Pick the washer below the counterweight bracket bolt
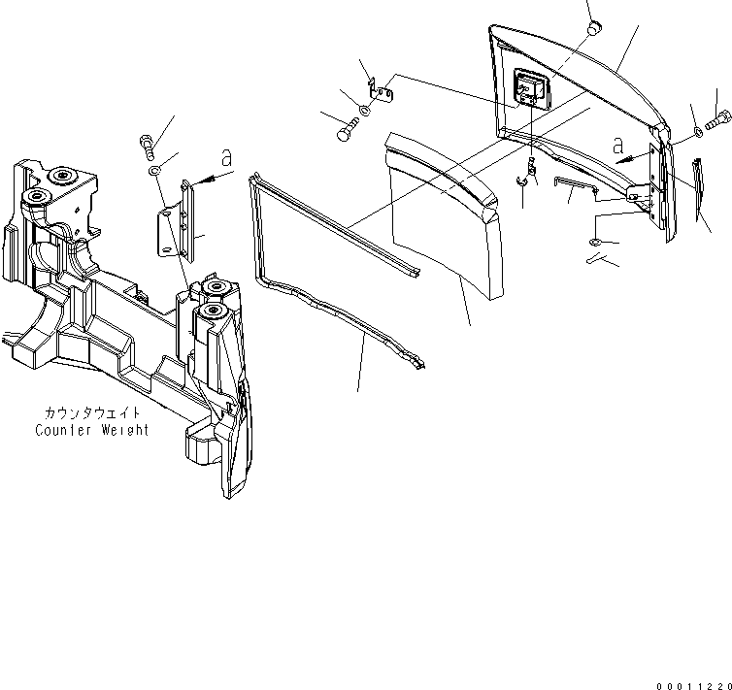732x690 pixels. coord(154,172)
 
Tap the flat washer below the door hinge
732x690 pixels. coord(595,242)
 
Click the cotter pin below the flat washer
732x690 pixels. coord(597,261)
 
